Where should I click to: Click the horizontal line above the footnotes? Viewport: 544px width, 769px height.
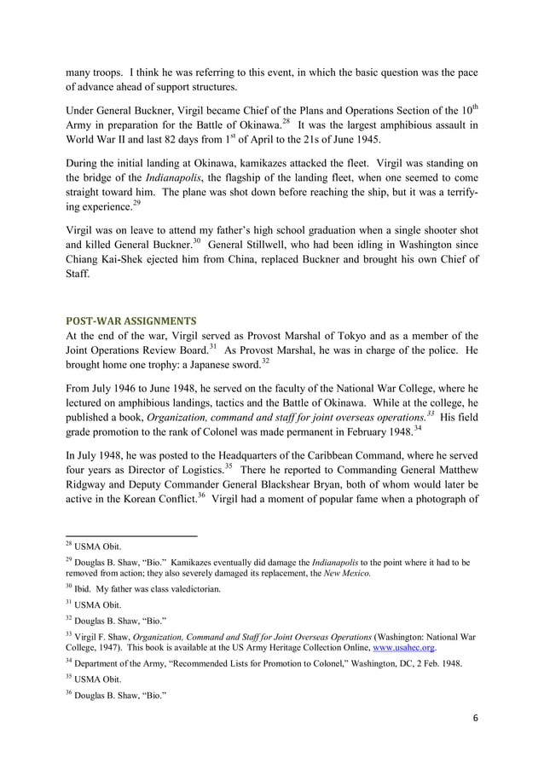131,536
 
